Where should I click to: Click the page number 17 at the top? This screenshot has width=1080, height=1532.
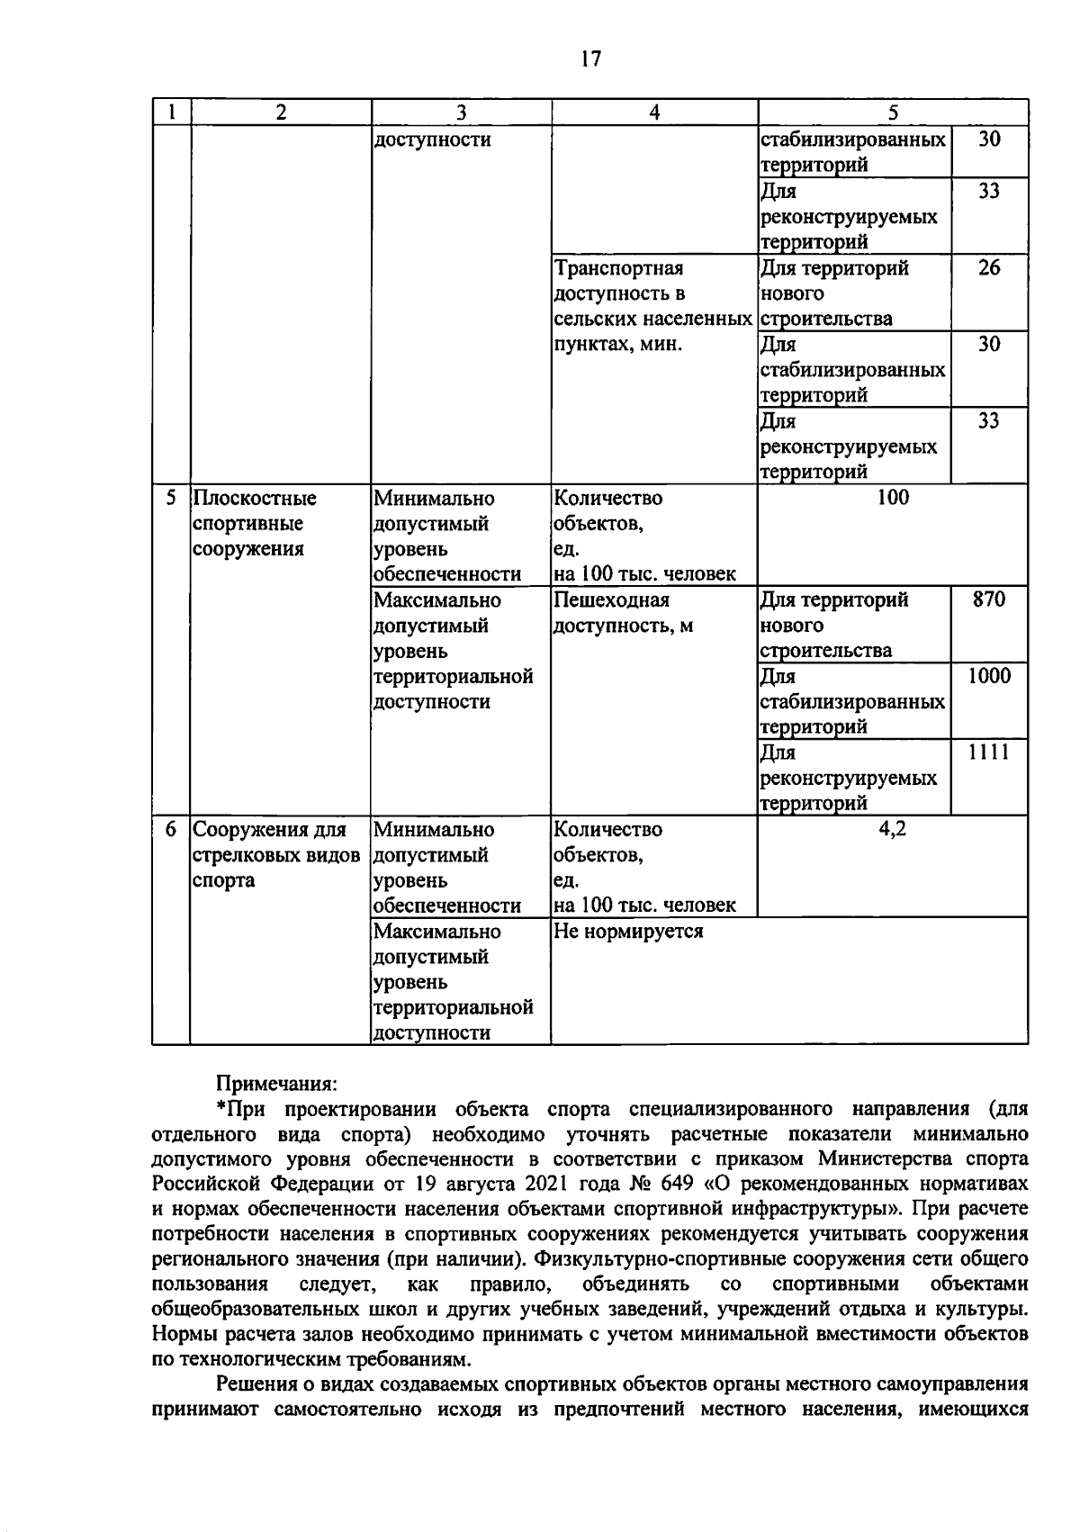point(590,59)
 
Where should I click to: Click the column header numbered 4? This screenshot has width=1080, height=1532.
point(654,113)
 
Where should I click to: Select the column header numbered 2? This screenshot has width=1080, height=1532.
point(281,113)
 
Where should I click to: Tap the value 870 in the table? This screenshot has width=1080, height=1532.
point(988,599)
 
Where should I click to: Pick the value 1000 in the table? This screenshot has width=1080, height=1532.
point(988,676)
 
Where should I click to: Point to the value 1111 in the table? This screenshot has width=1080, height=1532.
point(988,752)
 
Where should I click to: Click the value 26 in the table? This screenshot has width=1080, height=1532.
point(988,268)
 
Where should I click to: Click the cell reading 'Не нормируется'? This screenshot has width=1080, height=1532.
point(628,932)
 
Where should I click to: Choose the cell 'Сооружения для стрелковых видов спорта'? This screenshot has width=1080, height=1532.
point(276,854)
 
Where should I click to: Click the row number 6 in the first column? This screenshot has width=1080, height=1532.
point(171,829)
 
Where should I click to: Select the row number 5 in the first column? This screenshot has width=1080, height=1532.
point(171,498)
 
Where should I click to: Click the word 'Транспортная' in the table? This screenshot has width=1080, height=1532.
point(619,268)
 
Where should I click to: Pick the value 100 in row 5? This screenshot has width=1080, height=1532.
point(892,498)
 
